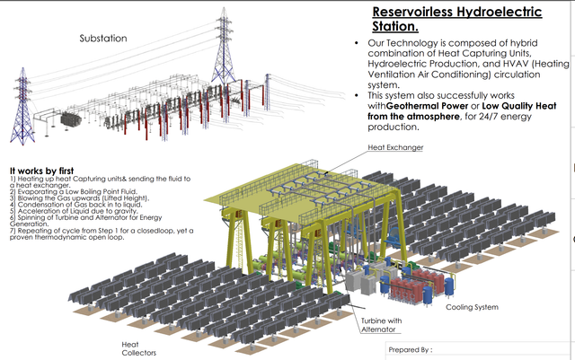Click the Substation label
[103, 39]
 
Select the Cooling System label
[471, 307]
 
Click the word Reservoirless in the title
[409, 12]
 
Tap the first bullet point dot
[358, 44]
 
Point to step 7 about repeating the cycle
[108, 233]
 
